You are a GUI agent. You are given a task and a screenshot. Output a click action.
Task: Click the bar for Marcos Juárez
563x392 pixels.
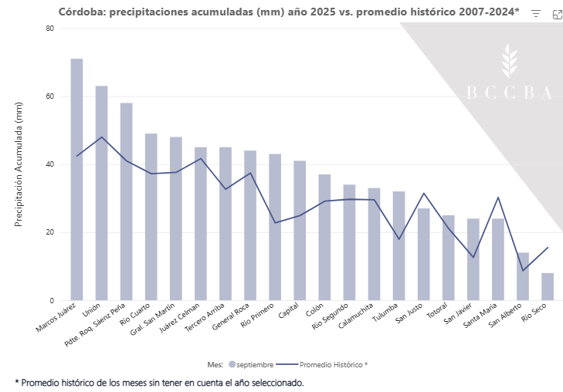click(76, 179)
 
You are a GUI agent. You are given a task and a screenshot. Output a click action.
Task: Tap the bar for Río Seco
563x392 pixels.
click(548, 286)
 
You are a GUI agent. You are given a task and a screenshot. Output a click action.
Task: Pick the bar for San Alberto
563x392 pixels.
click(523, 276)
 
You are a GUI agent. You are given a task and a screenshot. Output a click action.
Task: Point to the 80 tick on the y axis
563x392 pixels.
click(50, 29)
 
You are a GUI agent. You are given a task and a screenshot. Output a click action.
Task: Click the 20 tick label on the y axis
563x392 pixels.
click(50, 232)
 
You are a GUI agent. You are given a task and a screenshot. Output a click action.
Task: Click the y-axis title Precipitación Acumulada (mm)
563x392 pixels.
click(21, 165)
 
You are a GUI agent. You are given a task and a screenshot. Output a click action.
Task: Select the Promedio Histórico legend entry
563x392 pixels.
click(327, 364)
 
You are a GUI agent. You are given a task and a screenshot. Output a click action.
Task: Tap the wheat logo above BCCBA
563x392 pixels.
click(509, 61)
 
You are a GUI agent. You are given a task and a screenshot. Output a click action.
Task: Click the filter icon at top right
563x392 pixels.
click(536, 14)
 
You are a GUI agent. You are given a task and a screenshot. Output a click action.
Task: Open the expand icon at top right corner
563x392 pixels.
click(557, 14)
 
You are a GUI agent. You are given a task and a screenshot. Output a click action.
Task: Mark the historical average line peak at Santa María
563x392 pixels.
click(498, 198)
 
